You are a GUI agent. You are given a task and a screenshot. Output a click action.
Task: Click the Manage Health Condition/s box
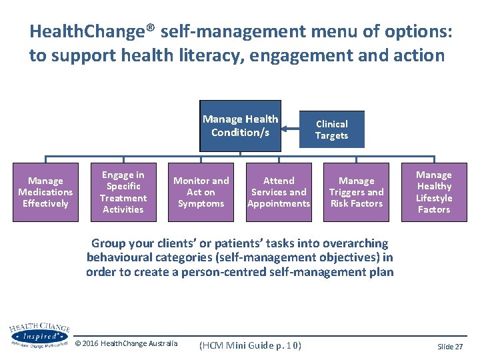coord(240,125)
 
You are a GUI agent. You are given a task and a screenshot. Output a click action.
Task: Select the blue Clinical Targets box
coord(331,129)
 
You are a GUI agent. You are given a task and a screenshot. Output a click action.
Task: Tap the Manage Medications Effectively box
coord(45,192)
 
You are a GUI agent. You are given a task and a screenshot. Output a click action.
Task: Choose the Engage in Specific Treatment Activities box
coord(123,192)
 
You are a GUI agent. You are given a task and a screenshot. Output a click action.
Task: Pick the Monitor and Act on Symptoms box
coord(201,192)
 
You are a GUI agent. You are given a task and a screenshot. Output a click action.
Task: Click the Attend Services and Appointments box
coord(279,192)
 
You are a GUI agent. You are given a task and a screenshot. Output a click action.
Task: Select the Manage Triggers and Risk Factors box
coord(357,192)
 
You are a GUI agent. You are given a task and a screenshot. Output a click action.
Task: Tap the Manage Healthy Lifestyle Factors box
coord(434,192)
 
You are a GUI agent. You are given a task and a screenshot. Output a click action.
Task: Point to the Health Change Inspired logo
coord(39,335)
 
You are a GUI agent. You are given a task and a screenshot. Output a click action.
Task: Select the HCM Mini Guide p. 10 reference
coord(251,345)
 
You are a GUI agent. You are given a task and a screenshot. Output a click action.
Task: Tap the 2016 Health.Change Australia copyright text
coord(127,343)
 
